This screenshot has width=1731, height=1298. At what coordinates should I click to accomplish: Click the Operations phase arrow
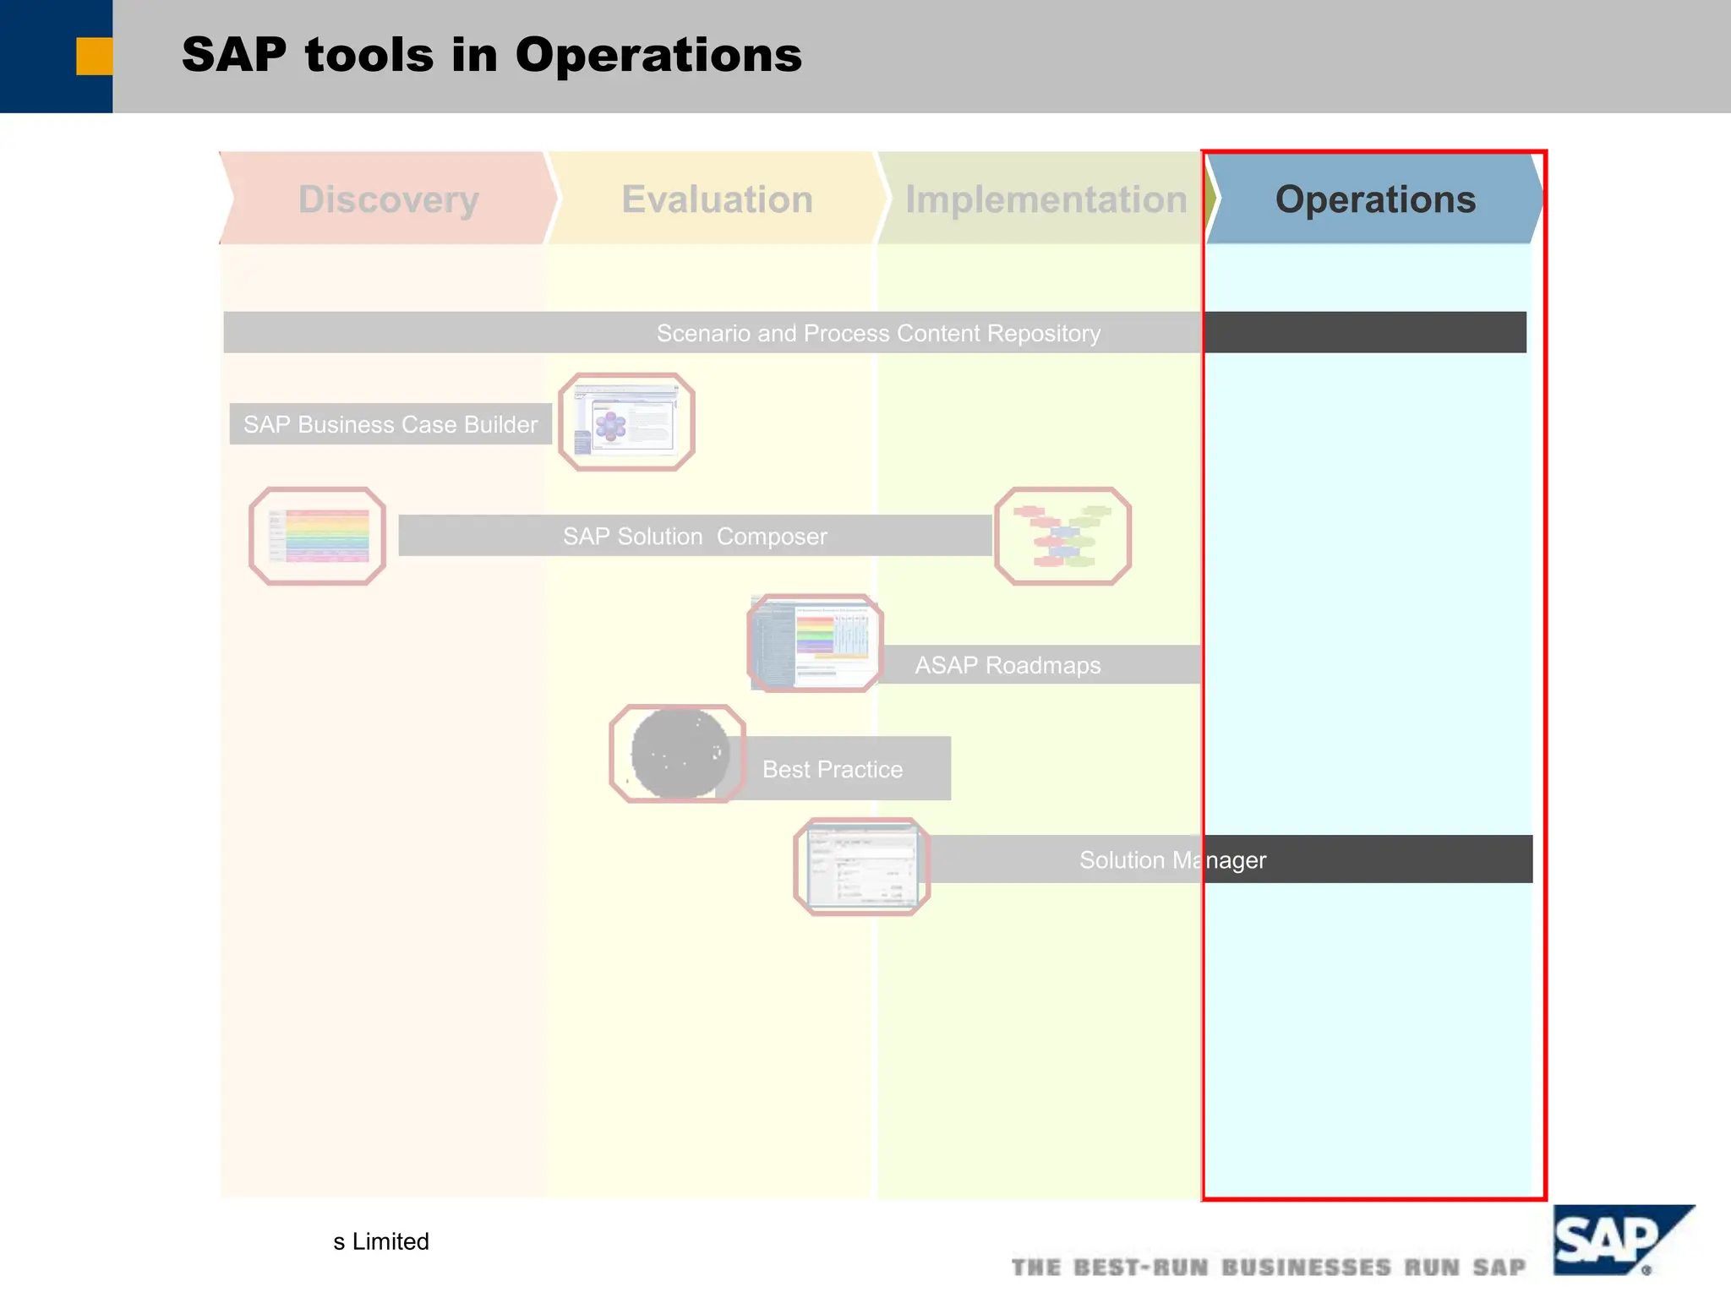pyautogui.click(x=1374, y=199)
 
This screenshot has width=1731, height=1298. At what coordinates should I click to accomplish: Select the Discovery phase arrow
pyautogui.click(x=389, y=199)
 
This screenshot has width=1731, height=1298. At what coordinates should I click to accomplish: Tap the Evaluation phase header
pyautogui.click(x=717, y=199)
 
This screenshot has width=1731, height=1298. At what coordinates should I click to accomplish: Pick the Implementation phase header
pyautogui.click(x=1046, y=199)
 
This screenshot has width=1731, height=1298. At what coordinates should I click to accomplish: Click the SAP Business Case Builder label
pyautogui.click(x=390, y=424)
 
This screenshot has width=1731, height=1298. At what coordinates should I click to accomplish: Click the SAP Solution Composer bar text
pyautogui.click(x=695, y=537)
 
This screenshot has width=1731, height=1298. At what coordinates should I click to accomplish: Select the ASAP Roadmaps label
pyautogui.click(x=1007, y=665)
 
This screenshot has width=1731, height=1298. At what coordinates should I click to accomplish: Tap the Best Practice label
pyautogui.click(x=833, y=769)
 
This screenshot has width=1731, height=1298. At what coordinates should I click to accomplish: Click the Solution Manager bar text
pyautogui.click(x=1172, y=860)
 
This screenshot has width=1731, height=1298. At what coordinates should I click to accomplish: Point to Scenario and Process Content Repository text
pyautogui.click(x=878, y=333)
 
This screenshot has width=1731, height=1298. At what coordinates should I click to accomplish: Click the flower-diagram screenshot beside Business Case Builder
pyautogui.click(x=626, y=422)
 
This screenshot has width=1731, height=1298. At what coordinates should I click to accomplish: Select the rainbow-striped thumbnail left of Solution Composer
pyautogui.click(x=318, y=536)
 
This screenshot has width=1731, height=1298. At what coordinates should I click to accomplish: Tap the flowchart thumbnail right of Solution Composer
pyautogui.click(x=1062, y=536)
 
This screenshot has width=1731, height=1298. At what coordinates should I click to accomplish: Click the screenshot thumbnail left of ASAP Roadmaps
pyautogui.click(x=815, y=643)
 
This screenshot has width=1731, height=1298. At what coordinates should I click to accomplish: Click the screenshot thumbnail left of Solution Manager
pyautogui.click(x=861, y=866)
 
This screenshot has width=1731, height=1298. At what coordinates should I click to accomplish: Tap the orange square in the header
pyautogui.click(x=94, y=57)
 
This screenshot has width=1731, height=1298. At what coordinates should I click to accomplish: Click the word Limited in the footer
pyautogui.click(x=390, y=1241)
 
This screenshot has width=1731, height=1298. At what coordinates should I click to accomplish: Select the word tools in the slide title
pyautogui.click(x=369, y=56)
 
